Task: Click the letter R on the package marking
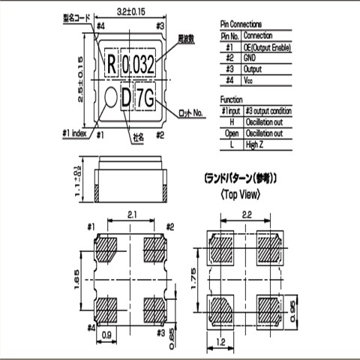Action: click(112, 64)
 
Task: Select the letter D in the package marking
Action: click(125, 97)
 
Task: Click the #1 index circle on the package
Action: click(109, 97)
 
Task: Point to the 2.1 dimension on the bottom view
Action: click(131, 214)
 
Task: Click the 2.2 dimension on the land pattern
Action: click(247, 214)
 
